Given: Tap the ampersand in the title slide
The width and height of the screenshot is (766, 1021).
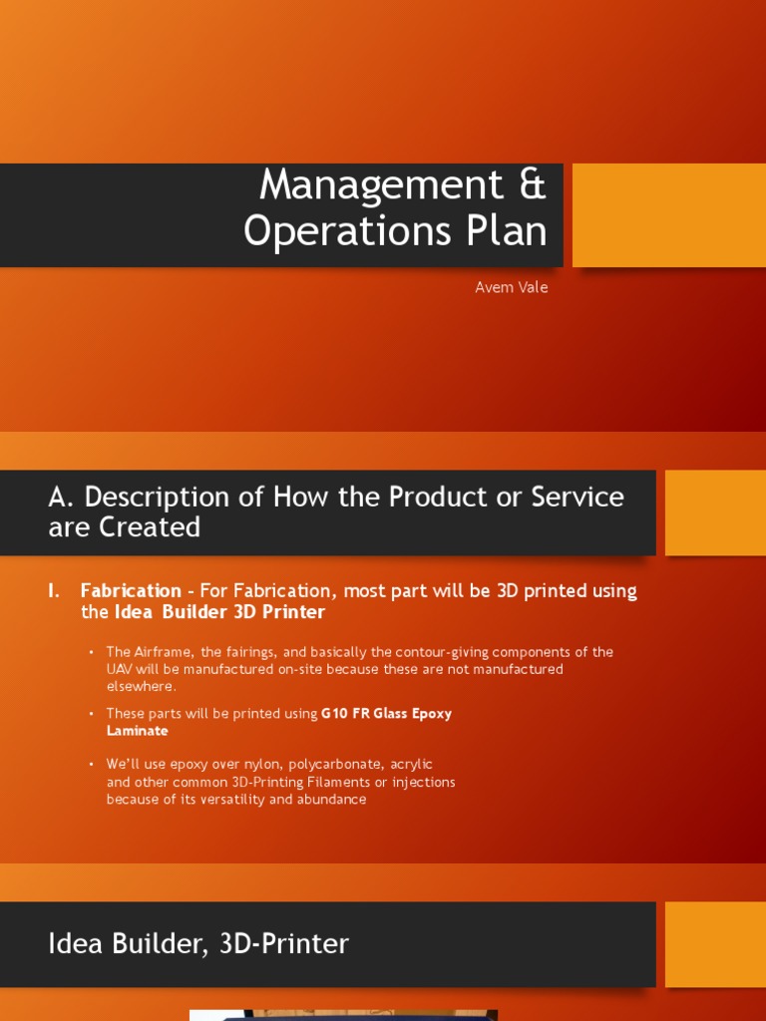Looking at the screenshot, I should click(534, 185).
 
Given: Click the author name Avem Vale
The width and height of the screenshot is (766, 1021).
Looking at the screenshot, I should click(511, 287).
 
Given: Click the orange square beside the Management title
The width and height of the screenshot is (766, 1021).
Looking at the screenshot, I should click(668, 215).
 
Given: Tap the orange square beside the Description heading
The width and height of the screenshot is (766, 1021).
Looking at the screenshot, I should click(714, 512).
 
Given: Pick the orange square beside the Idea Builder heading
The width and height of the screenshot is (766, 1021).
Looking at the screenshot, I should click(714, 944).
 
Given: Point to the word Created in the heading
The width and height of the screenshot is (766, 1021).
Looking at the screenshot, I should click(149, 526).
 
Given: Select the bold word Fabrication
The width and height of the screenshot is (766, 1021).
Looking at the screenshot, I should click(131, 590).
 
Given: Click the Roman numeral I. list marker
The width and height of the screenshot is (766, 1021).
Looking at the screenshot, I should click(54, 590).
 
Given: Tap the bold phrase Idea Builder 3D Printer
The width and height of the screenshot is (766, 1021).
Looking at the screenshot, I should click(219, 612).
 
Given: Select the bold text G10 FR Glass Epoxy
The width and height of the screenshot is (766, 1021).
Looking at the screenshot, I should click(386, 714).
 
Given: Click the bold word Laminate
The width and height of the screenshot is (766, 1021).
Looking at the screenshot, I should click(137, 731).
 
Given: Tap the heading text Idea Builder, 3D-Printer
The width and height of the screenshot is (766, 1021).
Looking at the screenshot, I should click(198, 943).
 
